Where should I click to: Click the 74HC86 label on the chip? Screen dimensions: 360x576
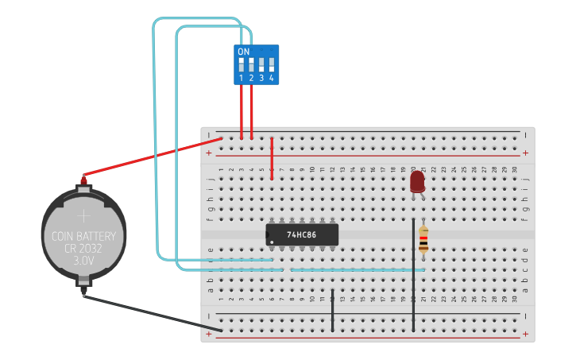(302, 235)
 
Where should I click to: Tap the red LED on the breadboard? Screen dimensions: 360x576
(417, 182)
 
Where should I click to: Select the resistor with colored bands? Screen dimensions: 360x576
(423, 238)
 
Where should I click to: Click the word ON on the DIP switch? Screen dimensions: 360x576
(243, 52)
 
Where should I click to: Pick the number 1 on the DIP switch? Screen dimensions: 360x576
(241, 78)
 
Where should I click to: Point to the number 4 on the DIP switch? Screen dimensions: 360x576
(271, 78)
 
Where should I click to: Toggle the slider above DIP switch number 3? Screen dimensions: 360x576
(261, 64)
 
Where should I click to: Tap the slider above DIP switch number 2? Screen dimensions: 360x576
(251, 64)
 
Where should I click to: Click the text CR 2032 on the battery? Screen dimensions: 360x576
(83, 248)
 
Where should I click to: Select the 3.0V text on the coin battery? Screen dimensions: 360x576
(83, 260)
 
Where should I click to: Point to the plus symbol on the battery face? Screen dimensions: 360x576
(83, 215)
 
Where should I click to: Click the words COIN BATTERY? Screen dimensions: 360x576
(83, 236)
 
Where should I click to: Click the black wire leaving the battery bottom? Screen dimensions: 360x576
(143, 312)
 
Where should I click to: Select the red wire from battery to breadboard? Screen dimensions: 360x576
(151, 157)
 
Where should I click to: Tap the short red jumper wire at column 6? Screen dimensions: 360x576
(272, 158)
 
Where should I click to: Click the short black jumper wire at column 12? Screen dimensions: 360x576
(332, 310)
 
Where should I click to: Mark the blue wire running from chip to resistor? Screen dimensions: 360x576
(358, 269)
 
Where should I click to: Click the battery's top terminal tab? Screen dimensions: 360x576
(83, 188)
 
